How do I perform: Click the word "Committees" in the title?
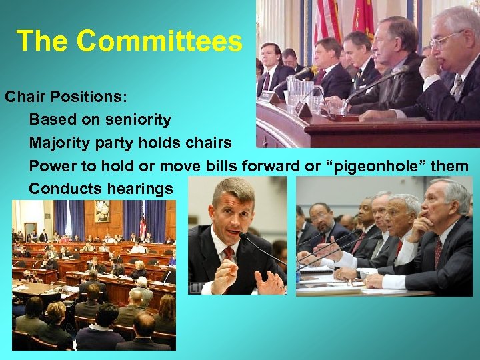point(159,41)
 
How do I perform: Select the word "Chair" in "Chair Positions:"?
point(26,96)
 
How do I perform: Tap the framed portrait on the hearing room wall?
point(102,211)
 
